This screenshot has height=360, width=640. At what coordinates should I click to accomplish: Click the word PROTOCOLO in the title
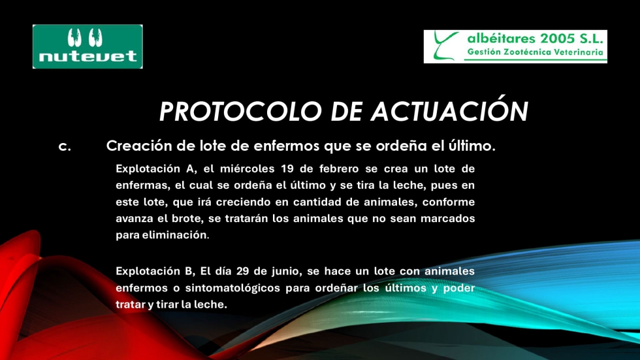pyautogui.click(x=240, y=112)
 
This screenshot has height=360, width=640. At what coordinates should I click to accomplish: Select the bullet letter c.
pyautogui.click(x=65, y=146)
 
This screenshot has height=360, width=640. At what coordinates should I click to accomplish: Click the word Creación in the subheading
pyautogui.click(x=139, y=145)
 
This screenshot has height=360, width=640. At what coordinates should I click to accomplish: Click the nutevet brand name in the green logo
pyautogui.click(x=88, y=56)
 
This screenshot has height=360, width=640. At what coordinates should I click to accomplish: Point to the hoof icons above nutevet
pyautogui.click(x=85, y=37)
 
